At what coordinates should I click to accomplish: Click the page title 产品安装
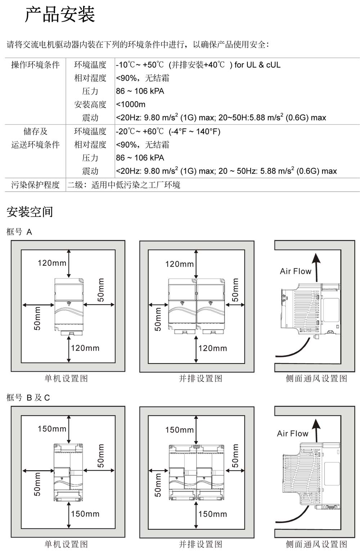60,15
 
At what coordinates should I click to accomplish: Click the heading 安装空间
30,212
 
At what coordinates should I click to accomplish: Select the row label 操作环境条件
35,65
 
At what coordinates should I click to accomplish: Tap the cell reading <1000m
131,104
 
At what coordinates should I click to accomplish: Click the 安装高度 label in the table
90,104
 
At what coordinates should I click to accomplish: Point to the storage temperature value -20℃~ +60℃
140,131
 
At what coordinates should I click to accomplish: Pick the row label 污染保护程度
35,185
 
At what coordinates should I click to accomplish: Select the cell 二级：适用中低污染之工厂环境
124,185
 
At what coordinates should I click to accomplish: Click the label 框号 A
19,232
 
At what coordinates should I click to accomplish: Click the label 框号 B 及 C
28,397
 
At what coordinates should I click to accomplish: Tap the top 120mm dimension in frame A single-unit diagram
52,263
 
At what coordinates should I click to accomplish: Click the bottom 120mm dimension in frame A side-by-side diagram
213,348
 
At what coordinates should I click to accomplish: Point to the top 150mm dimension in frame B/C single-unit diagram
52,429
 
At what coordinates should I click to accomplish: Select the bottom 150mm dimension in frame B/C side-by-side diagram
213,514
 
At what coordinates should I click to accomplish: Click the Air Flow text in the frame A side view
296,271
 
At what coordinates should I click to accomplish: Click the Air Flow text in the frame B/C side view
293,433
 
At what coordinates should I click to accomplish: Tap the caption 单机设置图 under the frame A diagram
66,378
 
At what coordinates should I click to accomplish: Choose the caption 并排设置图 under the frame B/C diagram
201,544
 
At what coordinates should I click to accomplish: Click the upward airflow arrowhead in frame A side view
316,259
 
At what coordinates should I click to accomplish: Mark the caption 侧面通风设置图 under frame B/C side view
316,544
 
